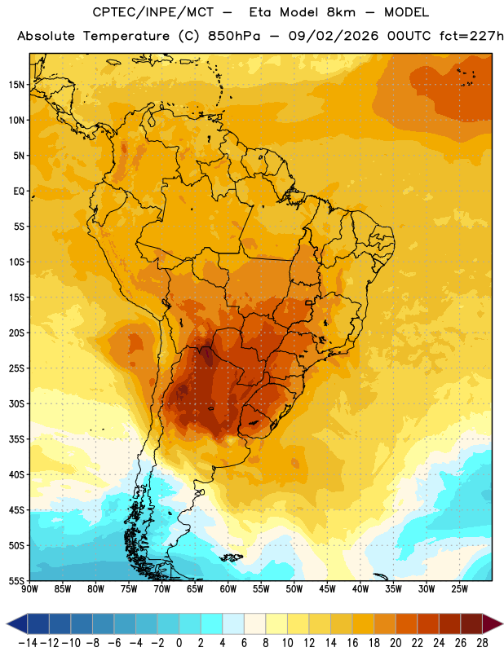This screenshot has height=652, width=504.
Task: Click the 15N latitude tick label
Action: click(16, 85)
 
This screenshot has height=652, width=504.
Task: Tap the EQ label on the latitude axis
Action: click(19, 192)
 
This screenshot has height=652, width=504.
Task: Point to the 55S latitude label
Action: click(16, 580)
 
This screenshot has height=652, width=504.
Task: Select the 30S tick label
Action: click(16, 403)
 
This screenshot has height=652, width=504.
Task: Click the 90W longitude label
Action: click(29, 589)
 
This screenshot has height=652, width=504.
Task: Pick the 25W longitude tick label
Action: click(459, 589)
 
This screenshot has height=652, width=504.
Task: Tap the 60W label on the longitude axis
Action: click(228, 589)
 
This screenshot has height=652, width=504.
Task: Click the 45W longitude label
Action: click(327, 589)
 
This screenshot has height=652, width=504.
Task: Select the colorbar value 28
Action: click(482, 643)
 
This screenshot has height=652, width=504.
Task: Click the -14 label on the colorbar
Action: click(28, 643)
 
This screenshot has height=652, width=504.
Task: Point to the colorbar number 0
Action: click(179, 643)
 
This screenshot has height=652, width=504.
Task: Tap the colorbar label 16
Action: click(352, 643)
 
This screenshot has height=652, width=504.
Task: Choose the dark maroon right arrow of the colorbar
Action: click(492, 623)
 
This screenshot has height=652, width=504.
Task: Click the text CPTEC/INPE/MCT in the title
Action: click(153, 12)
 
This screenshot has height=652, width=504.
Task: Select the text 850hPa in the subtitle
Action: click(234, 36)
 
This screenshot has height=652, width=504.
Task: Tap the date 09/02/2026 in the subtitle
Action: click(334, 36)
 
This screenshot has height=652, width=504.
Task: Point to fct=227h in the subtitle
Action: click(471, 36)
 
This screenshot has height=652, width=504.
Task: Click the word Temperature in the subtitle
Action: click(126, 36)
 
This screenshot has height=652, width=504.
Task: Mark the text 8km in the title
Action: click(341, 12)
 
